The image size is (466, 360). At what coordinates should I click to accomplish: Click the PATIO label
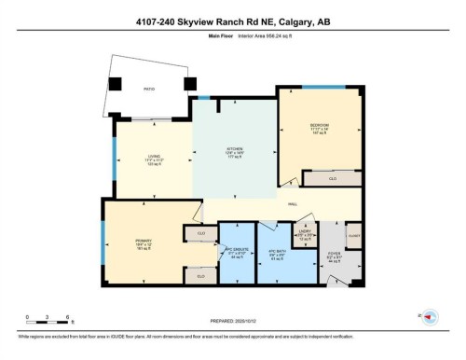[x=148, y=90]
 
